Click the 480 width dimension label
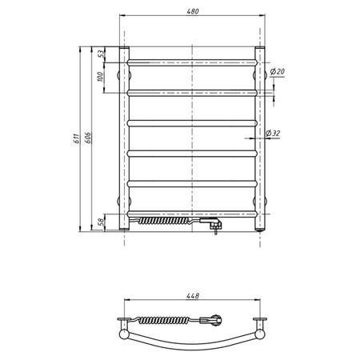click(193, 11)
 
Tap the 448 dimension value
click(193, 296)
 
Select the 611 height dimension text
click(77, 138)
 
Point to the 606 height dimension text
click(88, 138)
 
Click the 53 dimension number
click(101, 54)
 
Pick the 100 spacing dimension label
click(100, 77)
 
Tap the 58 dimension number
click(101, 222)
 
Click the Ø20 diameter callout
click(277, 71)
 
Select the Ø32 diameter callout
click(273, 133)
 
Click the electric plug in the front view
click(211, 224)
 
